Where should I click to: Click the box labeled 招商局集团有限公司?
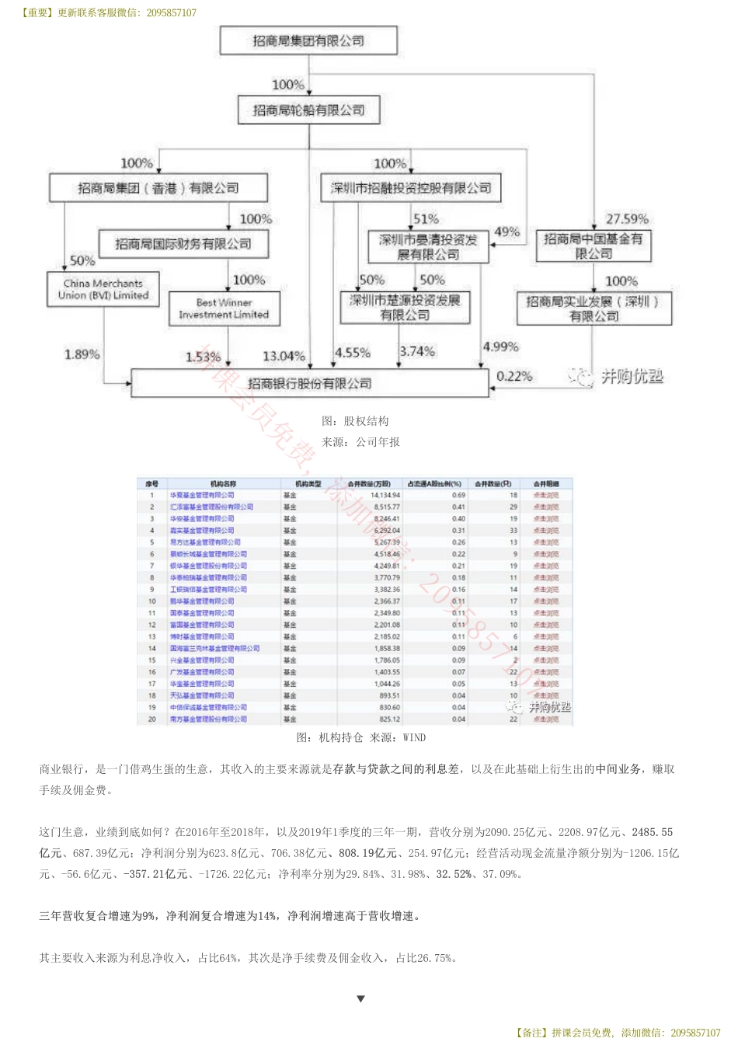point(308,40)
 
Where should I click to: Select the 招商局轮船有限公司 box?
point(308,110)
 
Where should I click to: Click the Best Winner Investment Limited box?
point(224,308)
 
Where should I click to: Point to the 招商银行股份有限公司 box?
point(309,384)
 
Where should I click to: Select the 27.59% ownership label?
point(627,219)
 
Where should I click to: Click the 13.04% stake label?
point(284,356)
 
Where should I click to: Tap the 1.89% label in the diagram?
point(82,354)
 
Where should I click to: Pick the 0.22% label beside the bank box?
point(514,376)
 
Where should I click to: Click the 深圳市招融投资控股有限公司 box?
point(411,188)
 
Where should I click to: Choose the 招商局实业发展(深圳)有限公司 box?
point(594,308)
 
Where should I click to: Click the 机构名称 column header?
point(223,483)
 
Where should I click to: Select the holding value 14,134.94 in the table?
point(385,495)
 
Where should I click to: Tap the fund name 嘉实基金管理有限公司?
point(202,531)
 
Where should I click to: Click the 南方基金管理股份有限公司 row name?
point(208,719)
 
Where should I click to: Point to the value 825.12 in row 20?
point(389,719)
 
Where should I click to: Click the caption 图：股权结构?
point(355,421)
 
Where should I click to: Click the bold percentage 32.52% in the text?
point(454,874)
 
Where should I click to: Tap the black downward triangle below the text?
point(360,999)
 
